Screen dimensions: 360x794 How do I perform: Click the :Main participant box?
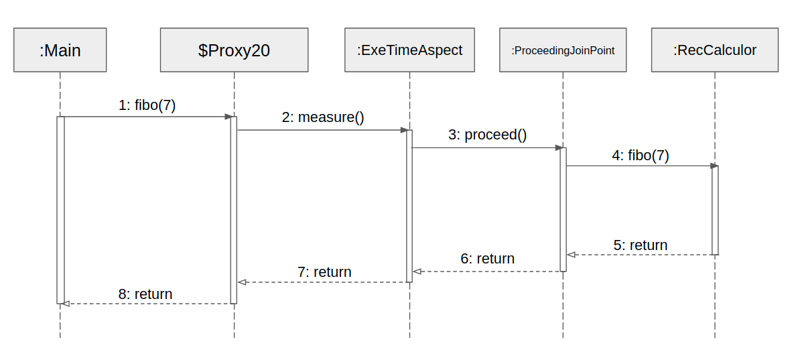pyautogui.click(x=60, y=50)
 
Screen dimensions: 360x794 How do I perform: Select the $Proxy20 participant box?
pyautogui.click(x=234, y=50)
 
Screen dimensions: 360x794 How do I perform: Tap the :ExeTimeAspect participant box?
pyautogui.click(x=409, y=50)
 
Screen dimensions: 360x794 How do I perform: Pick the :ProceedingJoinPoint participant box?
pyautogui.click(x=563, y=50)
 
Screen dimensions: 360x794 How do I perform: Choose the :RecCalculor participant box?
pyautogui.click(x=714, y=50)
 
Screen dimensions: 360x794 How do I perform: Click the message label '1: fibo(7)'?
pyautogui.click(x=147, y=105)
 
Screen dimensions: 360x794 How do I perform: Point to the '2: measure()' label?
pyautogui.click(x=323, y=118)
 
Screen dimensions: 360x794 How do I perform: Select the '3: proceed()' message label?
pyautogui.click(x=488, y=135)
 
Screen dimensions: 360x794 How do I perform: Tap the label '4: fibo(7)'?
pyautogui.click(x=640, y=156)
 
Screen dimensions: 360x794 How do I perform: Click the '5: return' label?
pyautogui.click(x=641, y=245)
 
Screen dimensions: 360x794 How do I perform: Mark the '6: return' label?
pyautogui.click(x=487, y=259)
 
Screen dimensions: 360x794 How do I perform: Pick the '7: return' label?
pyautogui.click(x=324, y=272)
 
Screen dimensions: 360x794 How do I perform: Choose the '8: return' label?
pyautogui.click(x=145, y=294)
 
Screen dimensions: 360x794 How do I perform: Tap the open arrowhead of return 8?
pyautogui.click(x=64, y=304)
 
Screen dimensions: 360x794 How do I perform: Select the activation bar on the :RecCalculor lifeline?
pyautogui.click(x=715, y=210)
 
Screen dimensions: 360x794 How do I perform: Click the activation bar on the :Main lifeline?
pyautogui.click(x=60, y=210)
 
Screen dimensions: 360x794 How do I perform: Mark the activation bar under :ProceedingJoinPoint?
pyautogui.click(x=563, y=209)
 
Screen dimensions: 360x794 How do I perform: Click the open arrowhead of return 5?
pyautogui.click(x=571, y=255)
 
